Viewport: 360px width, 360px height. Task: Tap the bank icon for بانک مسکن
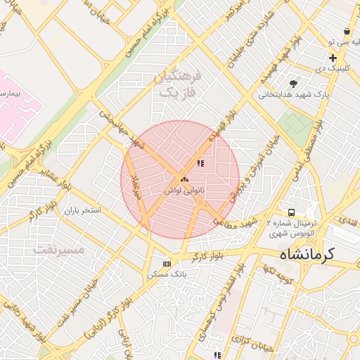click(167, 264)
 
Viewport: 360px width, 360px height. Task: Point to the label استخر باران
click(83, 210)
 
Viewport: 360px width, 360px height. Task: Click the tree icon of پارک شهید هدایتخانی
click(293, 83)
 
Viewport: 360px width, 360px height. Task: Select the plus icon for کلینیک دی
click(333, 58)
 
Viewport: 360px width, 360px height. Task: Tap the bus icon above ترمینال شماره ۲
click(290, 212)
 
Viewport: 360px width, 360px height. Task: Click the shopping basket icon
click(347, 32)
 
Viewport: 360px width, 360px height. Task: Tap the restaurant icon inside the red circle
click(200, 164)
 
